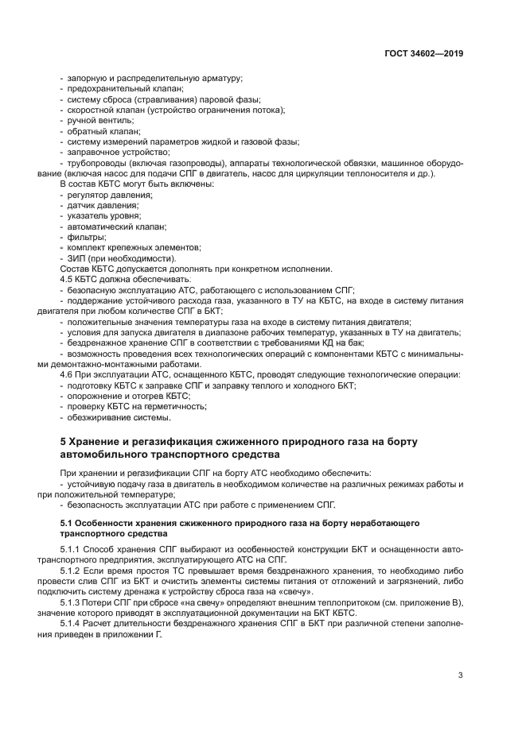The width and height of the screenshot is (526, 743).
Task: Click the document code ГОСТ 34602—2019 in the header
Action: [x=423, y=54]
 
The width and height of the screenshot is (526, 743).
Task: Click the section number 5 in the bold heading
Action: [x=64, y=441]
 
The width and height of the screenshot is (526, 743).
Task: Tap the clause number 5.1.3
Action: [x=72, y=603]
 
